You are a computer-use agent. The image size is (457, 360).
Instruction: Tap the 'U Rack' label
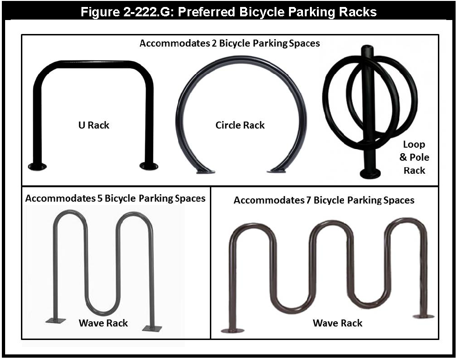pyautogui.click(x=94, y=125)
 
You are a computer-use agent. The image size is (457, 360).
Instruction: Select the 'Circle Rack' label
pyautogui.click(x=240, y=125)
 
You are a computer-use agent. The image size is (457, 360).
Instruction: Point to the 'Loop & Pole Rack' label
pyautogui.click(x=414, y=157)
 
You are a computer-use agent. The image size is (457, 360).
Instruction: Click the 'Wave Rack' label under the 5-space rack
pyautogui.click(x=103, y=323)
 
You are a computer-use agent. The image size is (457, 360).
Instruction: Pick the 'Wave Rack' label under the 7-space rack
pyautogui.click(x=337, y=323)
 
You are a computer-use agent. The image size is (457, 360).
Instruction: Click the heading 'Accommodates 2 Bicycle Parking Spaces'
pyautogui.click(x=230, y=43)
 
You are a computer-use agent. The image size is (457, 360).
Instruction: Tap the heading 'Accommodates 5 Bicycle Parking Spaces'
pyautogui.click(x=115, y=198)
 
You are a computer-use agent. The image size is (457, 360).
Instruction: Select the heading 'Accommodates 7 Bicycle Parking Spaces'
pyautogui.click(x=324, y=200)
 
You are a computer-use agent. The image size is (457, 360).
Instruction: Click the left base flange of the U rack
pyautogui.click(x=37, y=166)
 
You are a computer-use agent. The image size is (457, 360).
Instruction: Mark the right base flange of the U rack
pyautogui.click(x=149, y=166)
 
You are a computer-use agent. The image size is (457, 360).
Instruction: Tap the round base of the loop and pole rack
pyautogui.click(x=370, y=174)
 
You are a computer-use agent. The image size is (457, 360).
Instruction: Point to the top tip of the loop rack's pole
pyautogui.click(x=368, y=47)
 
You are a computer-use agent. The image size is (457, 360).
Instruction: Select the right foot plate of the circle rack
pyautogui.click(x=276, y=171)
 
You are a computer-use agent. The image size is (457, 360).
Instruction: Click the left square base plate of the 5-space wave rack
pyautogui.click(x=56, y=320)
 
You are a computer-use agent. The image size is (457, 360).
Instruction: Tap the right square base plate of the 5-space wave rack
pyautogui.click(x=152, y=328)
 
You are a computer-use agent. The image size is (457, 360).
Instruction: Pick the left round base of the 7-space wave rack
pyautogui.click(x=232, y=331)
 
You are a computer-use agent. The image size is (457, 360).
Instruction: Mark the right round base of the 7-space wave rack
pyautogui.click(x=423, y=316)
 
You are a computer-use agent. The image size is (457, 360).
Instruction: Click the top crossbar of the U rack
pyautogui.click(x=93, y=63)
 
